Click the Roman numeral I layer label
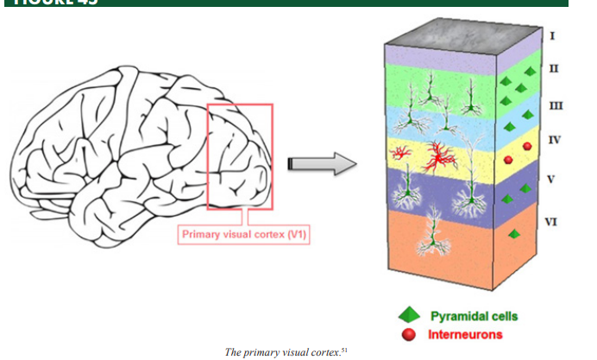click(552, 35)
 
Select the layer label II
click(552, 67)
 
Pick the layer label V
click(552, 180)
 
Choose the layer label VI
click(553, 221)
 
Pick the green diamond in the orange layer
click(515, 234)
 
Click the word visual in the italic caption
click(292, 352)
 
